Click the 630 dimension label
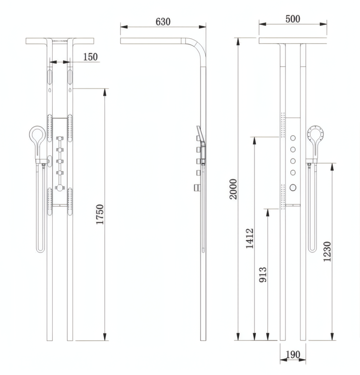tap(163, 22)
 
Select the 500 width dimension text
tap(293, 19)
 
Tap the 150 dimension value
tap(90, 57)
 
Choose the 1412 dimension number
tap(250, 238)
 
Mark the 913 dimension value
tap(263, 276)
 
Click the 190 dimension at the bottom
tap(292, 355)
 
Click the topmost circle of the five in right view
tap(293, 139)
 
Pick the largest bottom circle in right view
tap(293, 187)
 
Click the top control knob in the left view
tap(60, 139)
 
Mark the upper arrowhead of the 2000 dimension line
tap(238, 41)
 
